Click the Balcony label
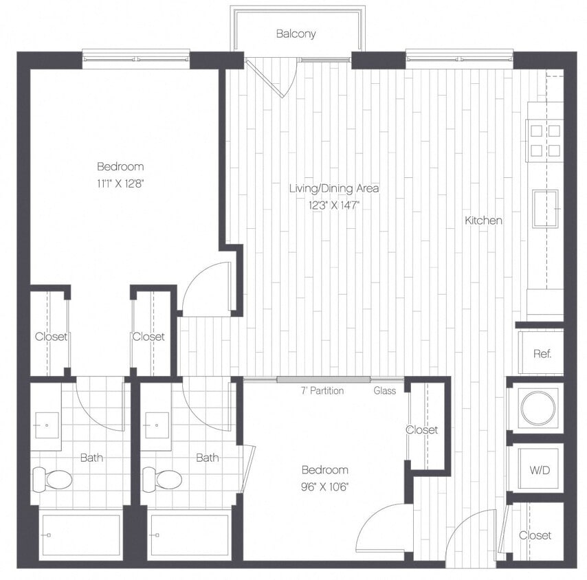296,34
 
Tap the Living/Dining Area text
334,188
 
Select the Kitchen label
483,221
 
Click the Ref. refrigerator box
541,353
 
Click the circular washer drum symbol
538,408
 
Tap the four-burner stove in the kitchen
544,140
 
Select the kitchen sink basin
545,208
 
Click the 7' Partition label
322,391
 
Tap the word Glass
384,391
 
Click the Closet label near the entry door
535,535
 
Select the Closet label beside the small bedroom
421,430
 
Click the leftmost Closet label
51,337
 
